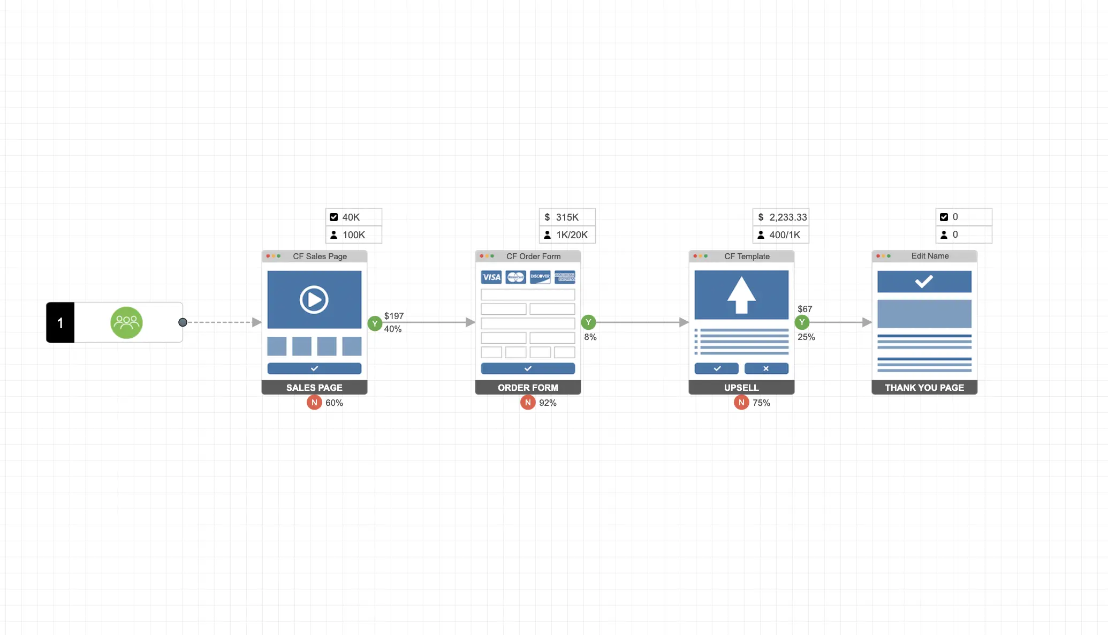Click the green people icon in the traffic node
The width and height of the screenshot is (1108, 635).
(126, 322)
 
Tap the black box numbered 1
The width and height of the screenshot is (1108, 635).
(60, 322)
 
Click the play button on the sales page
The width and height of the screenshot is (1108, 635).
(314, 299)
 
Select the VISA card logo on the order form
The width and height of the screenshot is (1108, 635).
(491, 277)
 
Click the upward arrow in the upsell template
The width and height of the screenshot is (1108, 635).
(741, 295)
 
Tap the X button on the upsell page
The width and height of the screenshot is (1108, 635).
(766, 368)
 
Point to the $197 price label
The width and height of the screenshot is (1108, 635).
(394, 316)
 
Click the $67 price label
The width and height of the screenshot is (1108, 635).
(805, 309)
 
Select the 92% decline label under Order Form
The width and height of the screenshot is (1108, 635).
(548, 403)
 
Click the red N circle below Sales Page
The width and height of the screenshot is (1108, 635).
(314, 402)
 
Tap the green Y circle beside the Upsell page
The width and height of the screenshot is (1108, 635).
(802, 322)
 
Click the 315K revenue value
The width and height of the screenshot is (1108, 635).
(567, 217)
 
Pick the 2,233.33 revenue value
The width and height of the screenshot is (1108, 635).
(788, 217)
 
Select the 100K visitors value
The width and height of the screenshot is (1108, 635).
(354, 235)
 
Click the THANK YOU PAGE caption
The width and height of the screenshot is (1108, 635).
(924, 387)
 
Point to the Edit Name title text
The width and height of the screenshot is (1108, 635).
(930, 256)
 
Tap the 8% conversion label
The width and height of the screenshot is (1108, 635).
(590, 337)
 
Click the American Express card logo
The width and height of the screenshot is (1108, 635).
(565, 277)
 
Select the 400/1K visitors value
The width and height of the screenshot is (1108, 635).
(785, 235)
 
